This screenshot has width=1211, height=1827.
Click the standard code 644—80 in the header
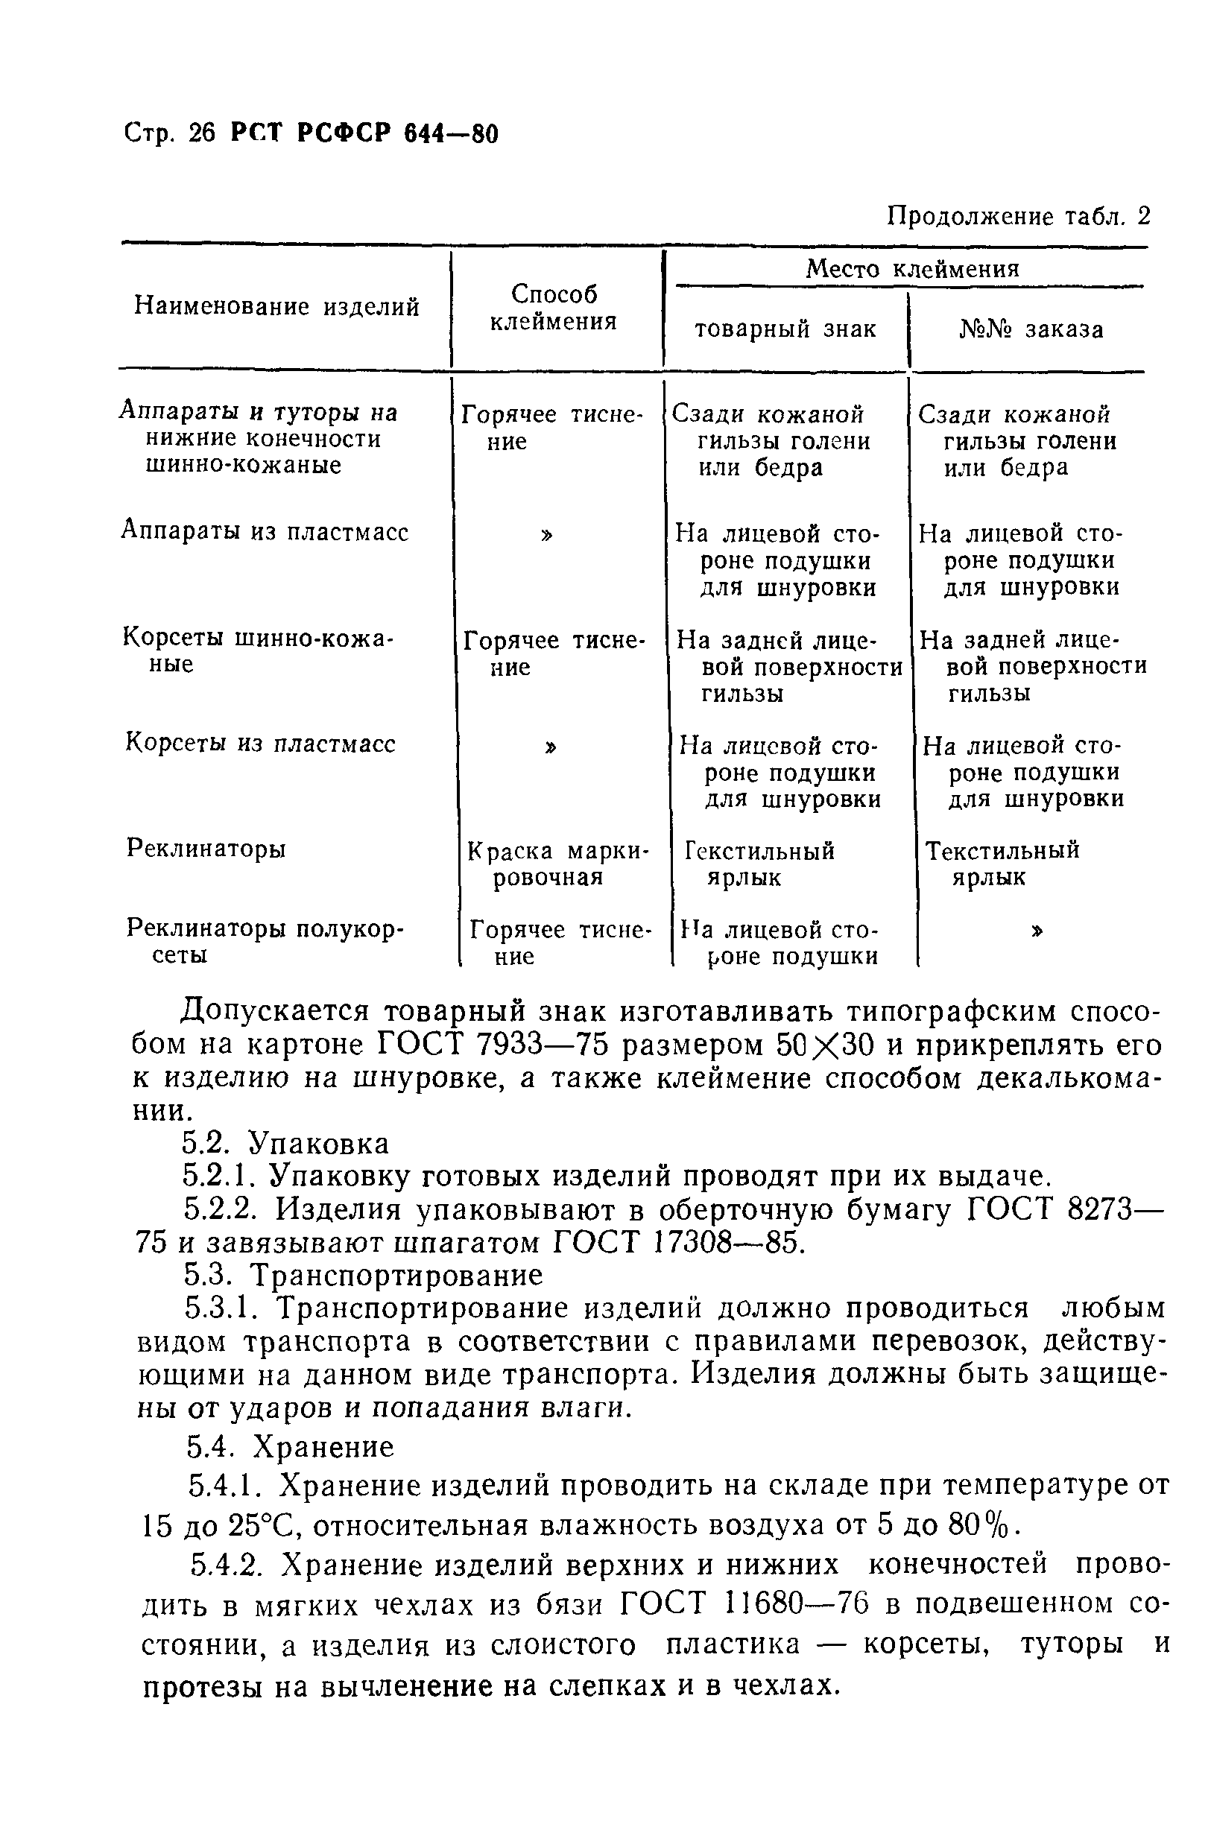coord(451,133)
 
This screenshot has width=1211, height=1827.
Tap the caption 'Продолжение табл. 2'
coord(1018,216)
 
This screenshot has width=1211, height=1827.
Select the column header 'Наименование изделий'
coord(276,306)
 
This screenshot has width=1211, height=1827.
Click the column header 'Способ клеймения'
coord(554,307)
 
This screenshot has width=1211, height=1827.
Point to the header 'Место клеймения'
coord(912,269)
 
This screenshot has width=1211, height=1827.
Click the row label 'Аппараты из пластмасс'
coord(265,532)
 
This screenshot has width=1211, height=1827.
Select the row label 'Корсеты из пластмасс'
coord(260,744)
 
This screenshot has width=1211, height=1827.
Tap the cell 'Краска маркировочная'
coord(558,864)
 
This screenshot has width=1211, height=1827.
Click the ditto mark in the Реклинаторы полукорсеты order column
coord(1037,931)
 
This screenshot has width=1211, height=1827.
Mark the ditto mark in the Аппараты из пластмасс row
coord(548,534)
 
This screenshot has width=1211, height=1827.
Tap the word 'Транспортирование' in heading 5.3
coord(399,1275)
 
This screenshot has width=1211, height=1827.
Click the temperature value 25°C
coord(259,1526)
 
